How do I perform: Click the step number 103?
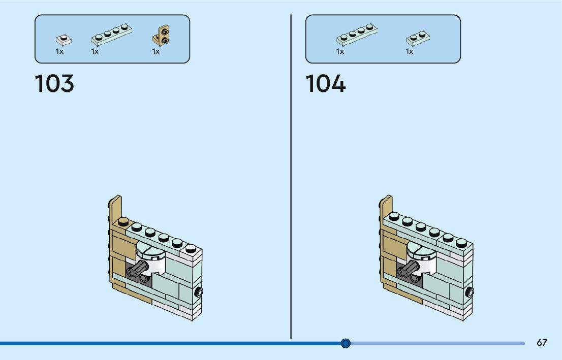(54, 84)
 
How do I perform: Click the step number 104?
(325, 84)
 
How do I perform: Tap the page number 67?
(542, 343)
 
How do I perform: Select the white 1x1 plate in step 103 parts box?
(64, 39)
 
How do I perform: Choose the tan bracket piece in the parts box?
(161, 36)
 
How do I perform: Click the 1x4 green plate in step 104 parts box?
(357, 34)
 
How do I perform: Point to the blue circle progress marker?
(346, 343)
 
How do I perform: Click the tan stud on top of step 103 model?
(123, 221)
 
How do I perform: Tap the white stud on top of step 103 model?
(191, 248)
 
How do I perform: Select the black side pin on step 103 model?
(199, 292)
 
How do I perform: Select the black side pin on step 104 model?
(470, 292)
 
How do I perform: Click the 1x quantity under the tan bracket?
(156, 51)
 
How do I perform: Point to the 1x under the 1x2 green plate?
(409, 51)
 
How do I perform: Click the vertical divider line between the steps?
(291, 178)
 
